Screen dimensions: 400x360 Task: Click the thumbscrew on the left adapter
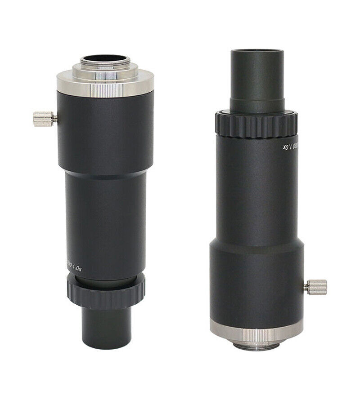[44, 119]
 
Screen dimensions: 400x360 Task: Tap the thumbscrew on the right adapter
[316, 286]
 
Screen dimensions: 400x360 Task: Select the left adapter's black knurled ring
[106, 291]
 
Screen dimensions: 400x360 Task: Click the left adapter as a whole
[105, 198]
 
